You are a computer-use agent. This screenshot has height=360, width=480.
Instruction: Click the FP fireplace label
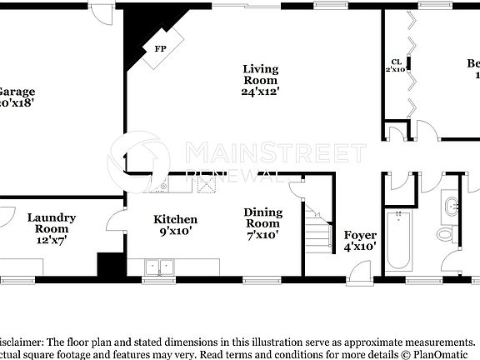tap(160, 49)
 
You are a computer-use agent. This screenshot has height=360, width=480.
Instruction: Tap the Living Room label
tap(260, 74)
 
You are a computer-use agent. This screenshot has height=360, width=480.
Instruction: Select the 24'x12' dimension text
tap(260, 92)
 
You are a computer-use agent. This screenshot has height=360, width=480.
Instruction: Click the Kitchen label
tap(175, 219)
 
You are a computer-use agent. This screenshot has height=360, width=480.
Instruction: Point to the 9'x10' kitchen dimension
tap(175, 232)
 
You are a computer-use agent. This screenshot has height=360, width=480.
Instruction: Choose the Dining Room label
tap(262, 218)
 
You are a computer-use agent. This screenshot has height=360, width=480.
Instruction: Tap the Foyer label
tap(360, 235)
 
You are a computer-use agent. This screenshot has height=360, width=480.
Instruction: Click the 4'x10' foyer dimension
tap(360, 247)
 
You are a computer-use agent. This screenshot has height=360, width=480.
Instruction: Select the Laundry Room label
tap(52, 223)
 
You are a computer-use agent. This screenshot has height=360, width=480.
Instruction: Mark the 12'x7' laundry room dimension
tap(52, 240)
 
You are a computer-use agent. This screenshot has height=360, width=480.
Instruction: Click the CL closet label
tap(397, 61)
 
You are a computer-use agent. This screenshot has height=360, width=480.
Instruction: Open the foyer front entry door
tap(360, 272)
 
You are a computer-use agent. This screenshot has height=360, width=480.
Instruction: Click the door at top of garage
tap(99, 12)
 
